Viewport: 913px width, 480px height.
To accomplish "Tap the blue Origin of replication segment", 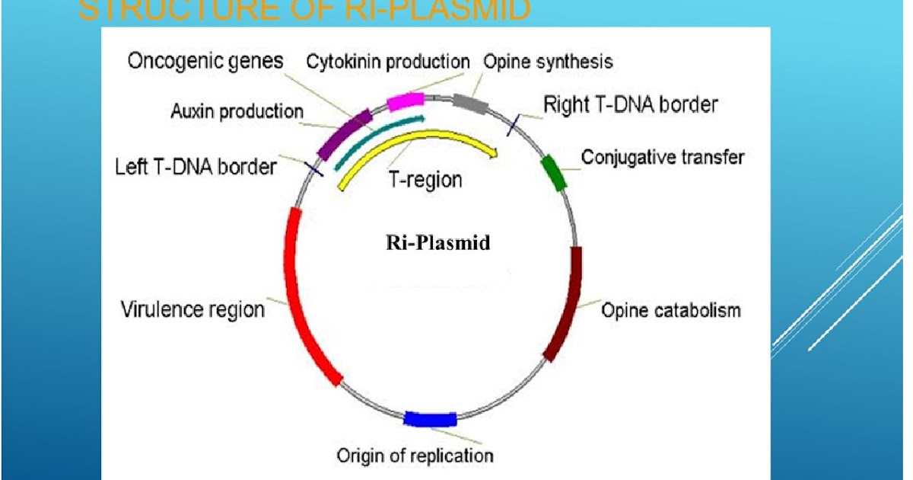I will point(430,418).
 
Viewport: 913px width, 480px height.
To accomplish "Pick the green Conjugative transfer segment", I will point(553,171).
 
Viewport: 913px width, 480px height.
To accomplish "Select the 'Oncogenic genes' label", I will point(205,61).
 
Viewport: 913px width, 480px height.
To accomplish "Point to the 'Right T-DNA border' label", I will point(631,104).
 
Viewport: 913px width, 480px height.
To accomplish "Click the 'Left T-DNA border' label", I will point(196,165).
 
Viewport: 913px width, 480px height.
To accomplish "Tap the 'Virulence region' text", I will point(193,310).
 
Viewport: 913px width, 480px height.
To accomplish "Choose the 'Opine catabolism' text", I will point(671,310).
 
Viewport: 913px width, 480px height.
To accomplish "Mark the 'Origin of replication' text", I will point(415,456).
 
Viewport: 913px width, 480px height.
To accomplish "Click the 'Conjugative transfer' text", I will point(663,157).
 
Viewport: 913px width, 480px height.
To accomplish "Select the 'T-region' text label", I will point(425,181).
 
